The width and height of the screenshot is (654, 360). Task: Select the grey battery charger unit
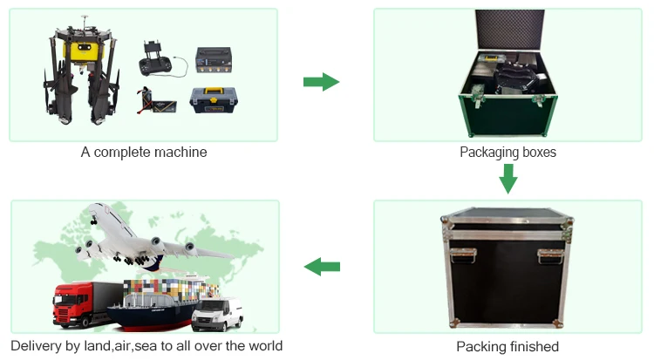click(x=215, y=62)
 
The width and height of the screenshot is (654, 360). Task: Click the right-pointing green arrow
click(x=320, y=82)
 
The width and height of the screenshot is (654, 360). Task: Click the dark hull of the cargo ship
click(x=144, y=319)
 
